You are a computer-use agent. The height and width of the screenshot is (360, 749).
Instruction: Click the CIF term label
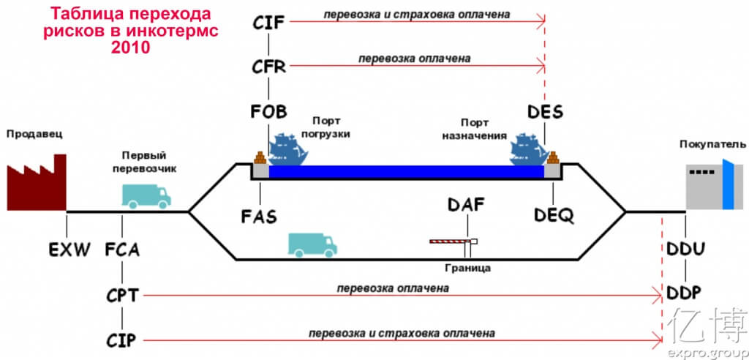click(x=268, y=23)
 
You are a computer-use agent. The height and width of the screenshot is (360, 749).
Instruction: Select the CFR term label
click(x=268, y=67)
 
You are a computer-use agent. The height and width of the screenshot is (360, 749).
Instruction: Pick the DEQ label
click(x=554, y=216)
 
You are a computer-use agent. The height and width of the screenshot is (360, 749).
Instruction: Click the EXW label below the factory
click(x=69, y=250)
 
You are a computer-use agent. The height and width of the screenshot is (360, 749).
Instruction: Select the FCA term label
click(x=121, y=250)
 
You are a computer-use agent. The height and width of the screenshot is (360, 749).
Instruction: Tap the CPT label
click(x=121, y=295)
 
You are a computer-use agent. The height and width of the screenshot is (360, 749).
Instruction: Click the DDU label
click(x=685, y=250)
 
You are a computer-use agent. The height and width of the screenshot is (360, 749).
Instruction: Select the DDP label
click(x=685, y=294)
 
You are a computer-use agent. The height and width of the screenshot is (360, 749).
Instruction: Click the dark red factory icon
click(x=36, y=183)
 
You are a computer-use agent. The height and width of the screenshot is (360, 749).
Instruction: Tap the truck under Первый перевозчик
click(x=146, y=195)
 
